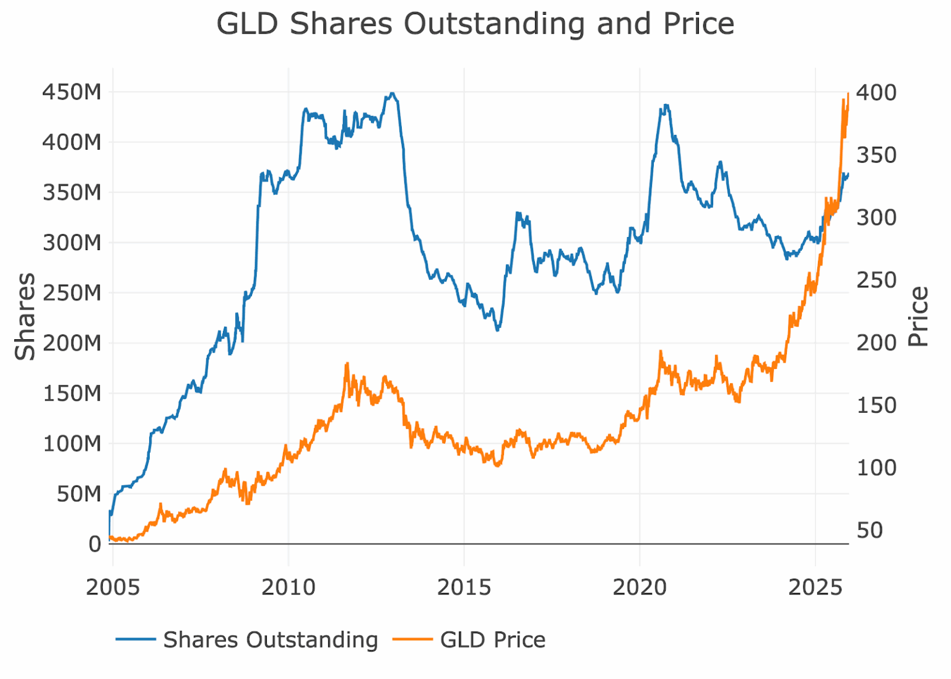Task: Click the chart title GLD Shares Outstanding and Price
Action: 475,25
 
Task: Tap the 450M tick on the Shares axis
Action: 72,92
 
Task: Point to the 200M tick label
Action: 72,343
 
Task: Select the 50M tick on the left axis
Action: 79,494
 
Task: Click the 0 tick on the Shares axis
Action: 95,544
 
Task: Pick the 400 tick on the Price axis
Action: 876,93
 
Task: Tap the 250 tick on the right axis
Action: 876,280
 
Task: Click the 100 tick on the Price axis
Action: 876,468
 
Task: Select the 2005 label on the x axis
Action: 113,587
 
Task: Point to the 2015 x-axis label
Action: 464,587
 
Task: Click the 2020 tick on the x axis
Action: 640,587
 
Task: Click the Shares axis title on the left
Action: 26,316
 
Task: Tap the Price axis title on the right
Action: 918,316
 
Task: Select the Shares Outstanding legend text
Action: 271,640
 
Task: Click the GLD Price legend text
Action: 493,640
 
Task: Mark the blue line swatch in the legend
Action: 136,640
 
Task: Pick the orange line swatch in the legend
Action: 412,640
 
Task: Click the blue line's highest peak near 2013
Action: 391,93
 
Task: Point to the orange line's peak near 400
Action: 848,94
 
